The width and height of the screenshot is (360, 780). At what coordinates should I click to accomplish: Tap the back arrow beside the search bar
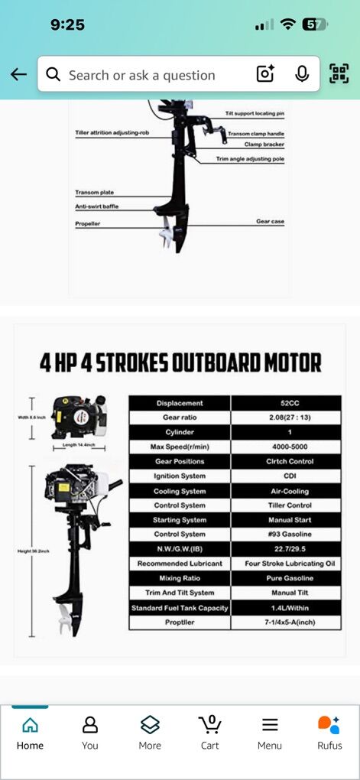18,74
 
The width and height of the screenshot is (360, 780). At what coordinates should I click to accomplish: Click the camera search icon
264,74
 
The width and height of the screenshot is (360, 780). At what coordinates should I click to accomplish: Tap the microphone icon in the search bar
302,74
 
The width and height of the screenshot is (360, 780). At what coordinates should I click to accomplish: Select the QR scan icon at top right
339,74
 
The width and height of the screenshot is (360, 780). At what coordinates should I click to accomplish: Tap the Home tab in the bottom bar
30,732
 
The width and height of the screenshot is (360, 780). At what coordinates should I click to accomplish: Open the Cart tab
209,732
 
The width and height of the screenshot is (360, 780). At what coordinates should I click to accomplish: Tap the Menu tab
270,732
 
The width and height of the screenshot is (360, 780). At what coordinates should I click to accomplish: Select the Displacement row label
180,403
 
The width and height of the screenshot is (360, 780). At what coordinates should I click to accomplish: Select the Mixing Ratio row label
180,578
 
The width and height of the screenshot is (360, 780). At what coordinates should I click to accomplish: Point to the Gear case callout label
270,221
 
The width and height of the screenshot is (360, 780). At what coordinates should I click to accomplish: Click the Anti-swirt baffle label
96,207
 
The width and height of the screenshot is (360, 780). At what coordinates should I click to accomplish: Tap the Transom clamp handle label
256,134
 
